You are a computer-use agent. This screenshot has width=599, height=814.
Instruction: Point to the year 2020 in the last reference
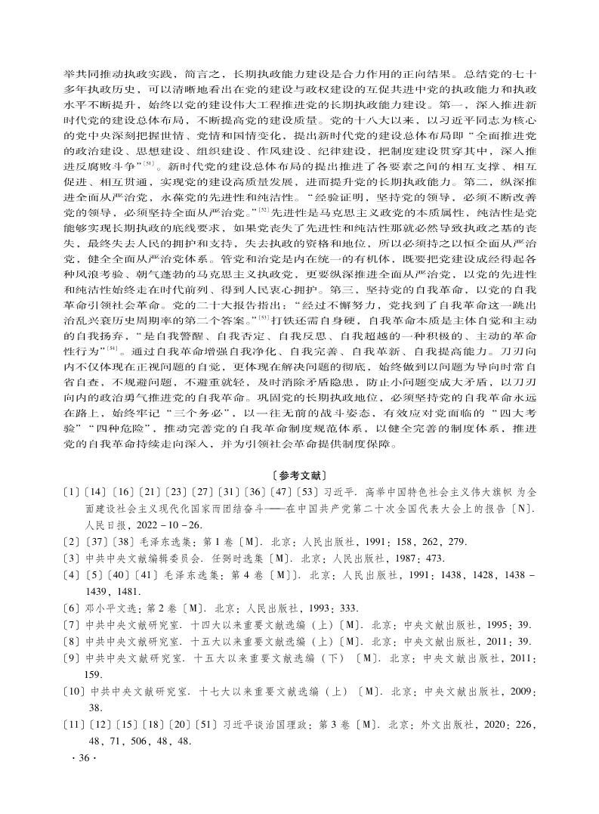[x=496, y=725]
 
